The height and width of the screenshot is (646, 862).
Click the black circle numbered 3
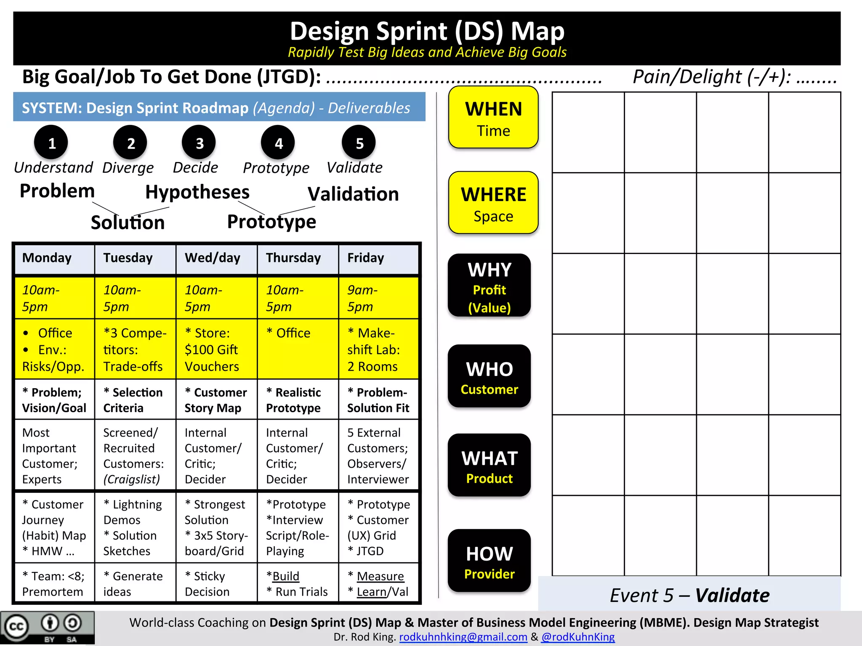pos(199,143)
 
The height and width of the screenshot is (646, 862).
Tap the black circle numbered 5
pos(359,143)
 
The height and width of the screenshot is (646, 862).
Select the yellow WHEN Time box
pos(493,118)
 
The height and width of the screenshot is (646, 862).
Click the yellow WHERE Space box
pos(493,203)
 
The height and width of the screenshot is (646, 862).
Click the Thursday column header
pos(293,258)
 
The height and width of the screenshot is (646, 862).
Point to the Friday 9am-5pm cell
pos(378,298)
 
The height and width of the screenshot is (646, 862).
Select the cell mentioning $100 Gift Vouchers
pos(216,349)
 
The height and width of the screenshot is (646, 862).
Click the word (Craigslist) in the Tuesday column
pos(132,479)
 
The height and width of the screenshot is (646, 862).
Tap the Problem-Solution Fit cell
pos(378,400)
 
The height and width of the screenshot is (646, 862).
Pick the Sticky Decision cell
pos(216,584)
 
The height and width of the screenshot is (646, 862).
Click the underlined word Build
pos(286,576)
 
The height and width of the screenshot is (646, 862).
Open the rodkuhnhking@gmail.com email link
pos(463,637)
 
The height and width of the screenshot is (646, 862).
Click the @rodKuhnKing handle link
pos(578,637)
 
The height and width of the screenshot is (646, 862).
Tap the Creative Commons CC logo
pos(16,627)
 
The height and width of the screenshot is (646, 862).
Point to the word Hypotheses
pos(197,192)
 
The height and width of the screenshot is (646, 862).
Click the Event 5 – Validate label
pos(689,595)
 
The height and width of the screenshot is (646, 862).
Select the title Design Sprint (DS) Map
pos(427,32)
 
